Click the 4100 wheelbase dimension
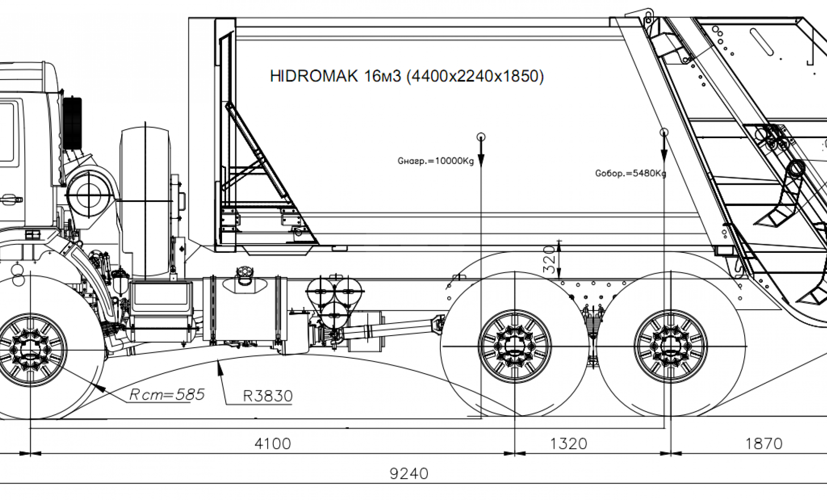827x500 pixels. [272, 444]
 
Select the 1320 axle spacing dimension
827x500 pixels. [568, 444]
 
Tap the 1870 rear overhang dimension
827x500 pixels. [764, 444]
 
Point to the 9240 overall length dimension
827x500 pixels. [409, 474]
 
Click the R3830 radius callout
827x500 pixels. [268, 396]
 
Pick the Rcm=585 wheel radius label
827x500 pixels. [167, 394]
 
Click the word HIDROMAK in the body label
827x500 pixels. [314, 76]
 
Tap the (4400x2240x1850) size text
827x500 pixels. [475, 76]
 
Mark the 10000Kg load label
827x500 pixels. [436, 162]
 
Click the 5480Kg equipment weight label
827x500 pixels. [630, 174]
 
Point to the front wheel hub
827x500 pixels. [31, 349]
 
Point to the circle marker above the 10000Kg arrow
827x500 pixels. [481, 137]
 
